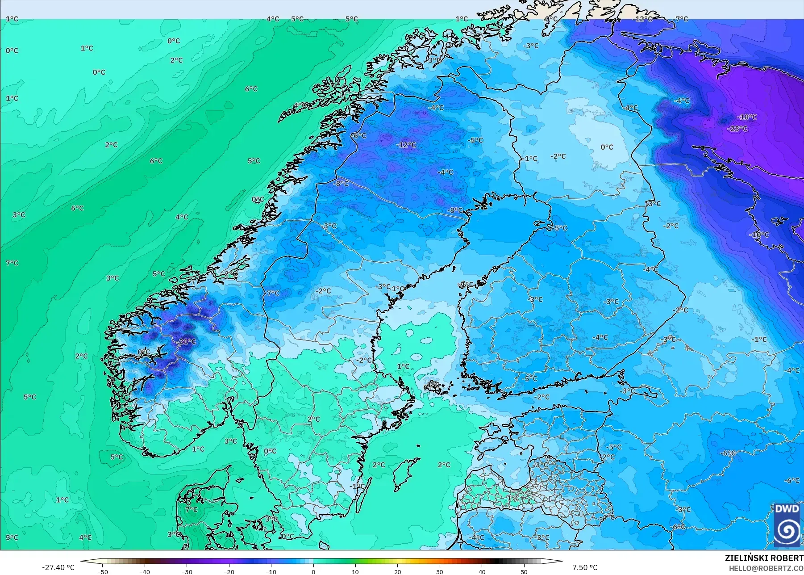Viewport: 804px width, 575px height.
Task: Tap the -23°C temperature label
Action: click(737, 129)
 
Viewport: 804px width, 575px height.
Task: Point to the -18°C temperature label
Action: click(747, 117)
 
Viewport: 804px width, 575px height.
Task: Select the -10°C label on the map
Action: click(759, 235)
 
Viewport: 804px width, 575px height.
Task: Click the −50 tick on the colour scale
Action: click(103, 571)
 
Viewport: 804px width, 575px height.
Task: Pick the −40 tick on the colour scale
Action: click(145, 571)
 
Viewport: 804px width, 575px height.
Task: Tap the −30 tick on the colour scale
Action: click(187, 571)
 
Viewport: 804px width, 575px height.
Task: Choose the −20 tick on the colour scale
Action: click(229, 571)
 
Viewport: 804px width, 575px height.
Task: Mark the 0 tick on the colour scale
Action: click(313, 571)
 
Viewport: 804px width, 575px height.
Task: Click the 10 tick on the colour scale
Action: click(355, 571)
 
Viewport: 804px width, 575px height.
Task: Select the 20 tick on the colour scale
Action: click(397, 571)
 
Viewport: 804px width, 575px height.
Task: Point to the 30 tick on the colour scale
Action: click(440, 571)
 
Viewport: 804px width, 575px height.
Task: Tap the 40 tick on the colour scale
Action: click(482, 571)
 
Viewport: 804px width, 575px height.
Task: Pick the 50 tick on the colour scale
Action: click(524, 571)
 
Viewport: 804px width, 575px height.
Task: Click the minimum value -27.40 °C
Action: click(58, 567)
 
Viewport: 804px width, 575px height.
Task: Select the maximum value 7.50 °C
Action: click(585, 567)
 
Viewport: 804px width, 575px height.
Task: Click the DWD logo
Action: click(787, 525)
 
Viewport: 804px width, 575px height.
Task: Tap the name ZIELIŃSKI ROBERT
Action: click(764, 558)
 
